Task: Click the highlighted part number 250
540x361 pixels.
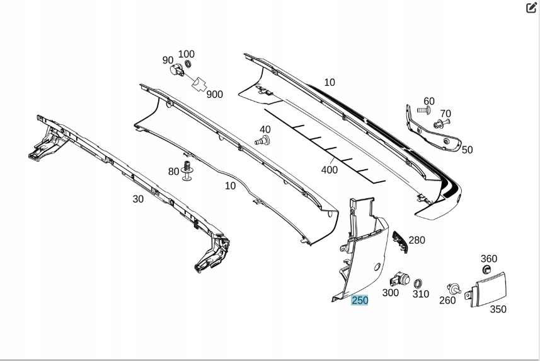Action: tap(360, 300)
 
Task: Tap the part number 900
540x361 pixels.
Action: tap(214, 95)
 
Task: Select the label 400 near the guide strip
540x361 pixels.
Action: tap(329, 169)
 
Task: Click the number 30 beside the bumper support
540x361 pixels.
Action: tap(138, 199)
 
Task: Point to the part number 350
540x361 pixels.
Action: tap(498, 309)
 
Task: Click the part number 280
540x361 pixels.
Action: tap(417, 240)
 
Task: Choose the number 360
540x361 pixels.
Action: tap(489, 259)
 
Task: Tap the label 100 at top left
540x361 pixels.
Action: tap(187, 54)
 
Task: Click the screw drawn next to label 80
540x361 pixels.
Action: tap(187, 171)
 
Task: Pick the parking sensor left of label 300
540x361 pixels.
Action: tap(399, 278)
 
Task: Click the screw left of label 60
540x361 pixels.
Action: tap(423, 110)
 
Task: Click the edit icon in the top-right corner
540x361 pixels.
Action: tap(531, 8)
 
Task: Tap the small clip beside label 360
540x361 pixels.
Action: tap(486, 269)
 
